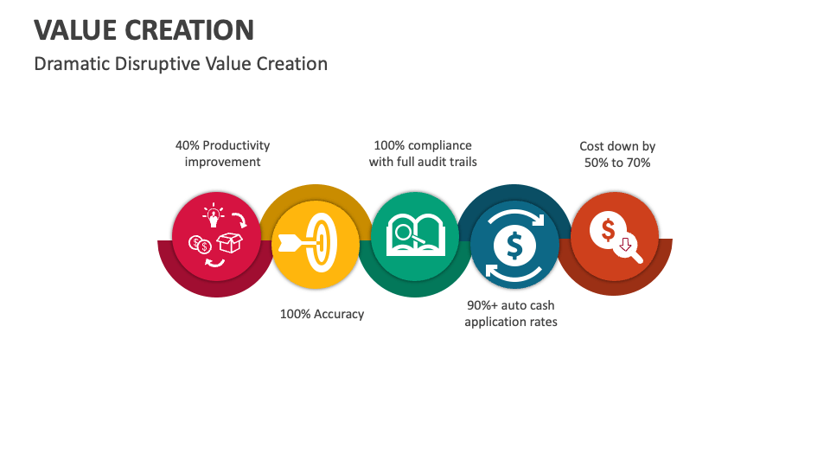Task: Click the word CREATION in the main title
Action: coord(189,29)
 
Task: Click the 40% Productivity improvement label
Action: coord(222,153)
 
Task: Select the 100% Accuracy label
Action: coord(322,314)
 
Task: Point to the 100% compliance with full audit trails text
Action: coord(423,153)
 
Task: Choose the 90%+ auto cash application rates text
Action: coord(511,313)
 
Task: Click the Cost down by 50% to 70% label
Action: coord(616,154)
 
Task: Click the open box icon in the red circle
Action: coord(229,244)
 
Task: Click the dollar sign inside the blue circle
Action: coord(514,246)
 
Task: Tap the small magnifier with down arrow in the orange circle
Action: coord(628,246)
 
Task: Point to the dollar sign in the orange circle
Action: coord(607,230)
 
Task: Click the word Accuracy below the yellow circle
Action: coord(339,314)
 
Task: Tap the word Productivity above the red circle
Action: coord(236,145)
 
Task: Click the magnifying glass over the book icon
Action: coord(403,233)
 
